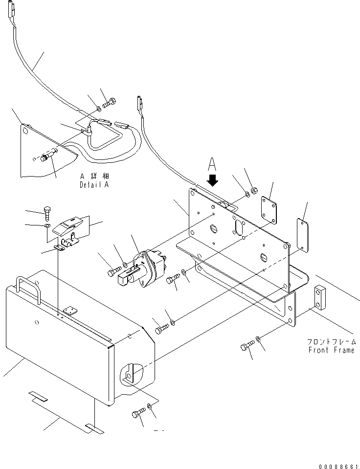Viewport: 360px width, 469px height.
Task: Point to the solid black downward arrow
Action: [x=213, y=181]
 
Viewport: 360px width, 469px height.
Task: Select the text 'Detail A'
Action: [x=94, y=185]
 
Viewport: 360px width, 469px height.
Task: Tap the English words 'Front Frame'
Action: [x=331, y=350]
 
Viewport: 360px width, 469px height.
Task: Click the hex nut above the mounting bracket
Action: [x=255, y=189]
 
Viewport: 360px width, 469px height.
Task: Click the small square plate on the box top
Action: [x=72, y=310]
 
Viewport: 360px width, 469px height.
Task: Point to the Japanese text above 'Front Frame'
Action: [x=331, y=342]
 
